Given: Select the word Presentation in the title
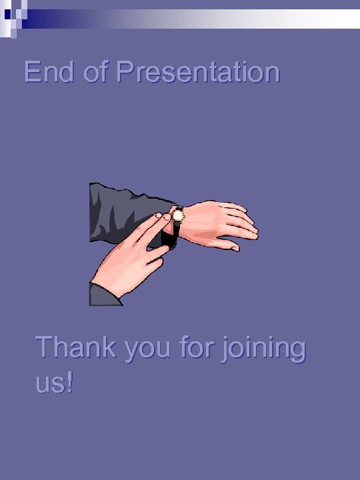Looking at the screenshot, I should click(x=197, y=72).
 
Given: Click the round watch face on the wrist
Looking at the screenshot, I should click(x=178, y=215).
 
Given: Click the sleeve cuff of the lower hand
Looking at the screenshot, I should click(x=104, y=294).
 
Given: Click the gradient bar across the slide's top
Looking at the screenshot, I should click(x=200, y=18).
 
